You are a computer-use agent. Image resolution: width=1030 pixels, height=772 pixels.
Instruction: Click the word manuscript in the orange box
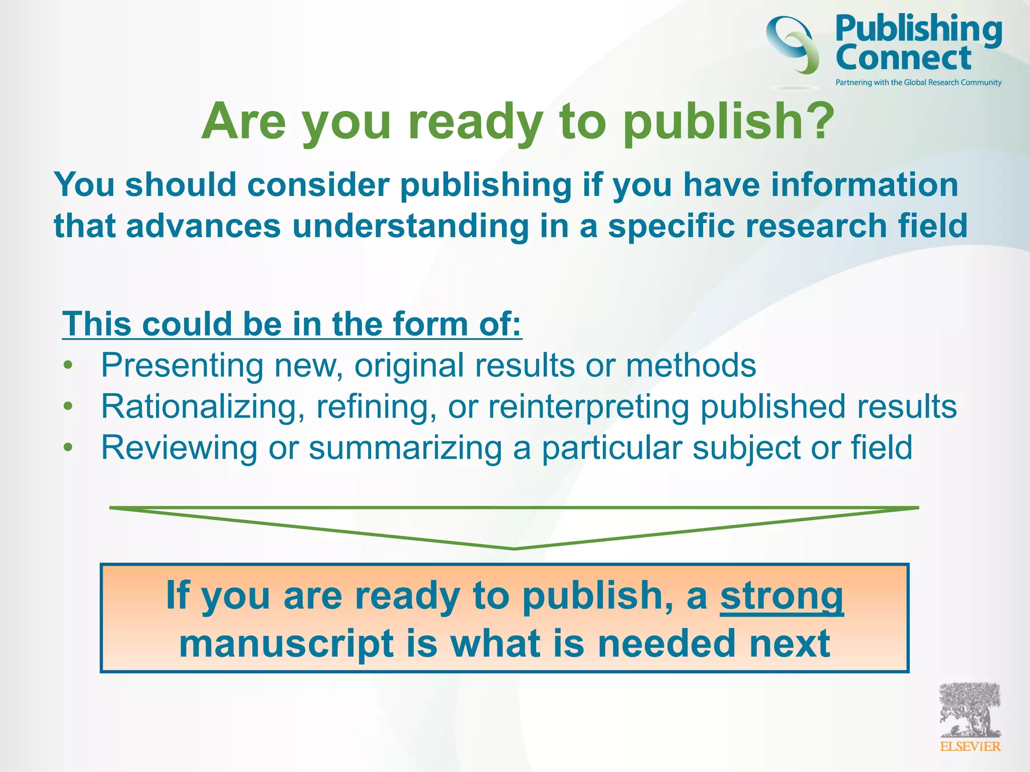pyautogui.click(x=287, y=644)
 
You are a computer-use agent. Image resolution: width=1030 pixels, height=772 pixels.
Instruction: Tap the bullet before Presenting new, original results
pyautogui.click(x=68, y=365)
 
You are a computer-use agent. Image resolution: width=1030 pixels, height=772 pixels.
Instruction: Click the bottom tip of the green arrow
pyautogui.click(x=514, y=548)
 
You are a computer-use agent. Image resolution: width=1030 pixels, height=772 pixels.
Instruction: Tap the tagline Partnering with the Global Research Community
pyautogui.click(x=918, y=82)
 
